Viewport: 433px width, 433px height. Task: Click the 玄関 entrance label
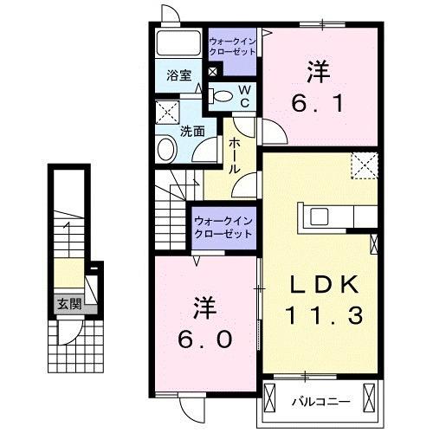pos(69,304)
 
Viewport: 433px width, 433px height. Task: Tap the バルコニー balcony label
pos(314,402)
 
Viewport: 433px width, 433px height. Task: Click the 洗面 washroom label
pos(192,132)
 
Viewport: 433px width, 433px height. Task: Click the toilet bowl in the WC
pos(223,95)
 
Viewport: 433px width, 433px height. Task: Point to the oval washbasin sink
pos(165,150)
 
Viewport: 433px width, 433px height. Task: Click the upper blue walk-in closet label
pos(233,46)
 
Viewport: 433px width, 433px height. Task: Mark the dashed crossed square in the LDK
pos(364,165)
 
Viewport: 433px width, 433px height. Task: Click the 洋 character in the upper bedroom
pos(317,70)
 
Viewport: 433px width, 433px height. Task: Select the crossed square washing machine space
pos(166,112)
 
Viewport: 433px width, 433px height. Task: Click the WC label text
pos(245,96)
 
